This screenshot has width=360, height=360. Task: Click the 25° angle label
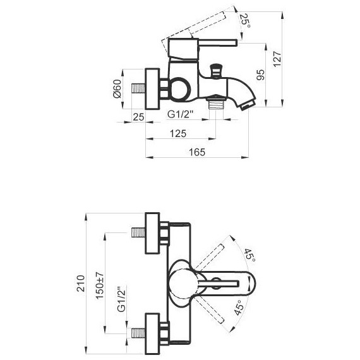click(x=245, y=21)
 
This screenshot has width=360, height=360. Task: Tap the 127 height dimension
click(x=277, y=59)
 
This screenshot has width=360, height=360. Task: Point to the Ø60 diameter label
click(x=117, y=88)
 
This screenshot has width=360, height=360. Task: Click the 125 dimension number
click(x=178, y=133)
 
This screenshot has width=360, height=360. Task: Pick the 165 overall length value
click(x=197, y=152)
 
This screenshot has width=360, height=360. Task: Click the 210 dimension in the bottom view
click(x=81, y=284)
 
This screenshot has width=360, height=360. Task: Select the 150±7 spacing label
click(x=100, y=285)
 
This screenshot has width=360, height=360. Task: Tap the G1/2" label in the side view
click(x=181, y=114)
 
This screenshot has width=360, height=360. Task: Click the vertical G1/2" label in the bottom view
click(x=122, y=299)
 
